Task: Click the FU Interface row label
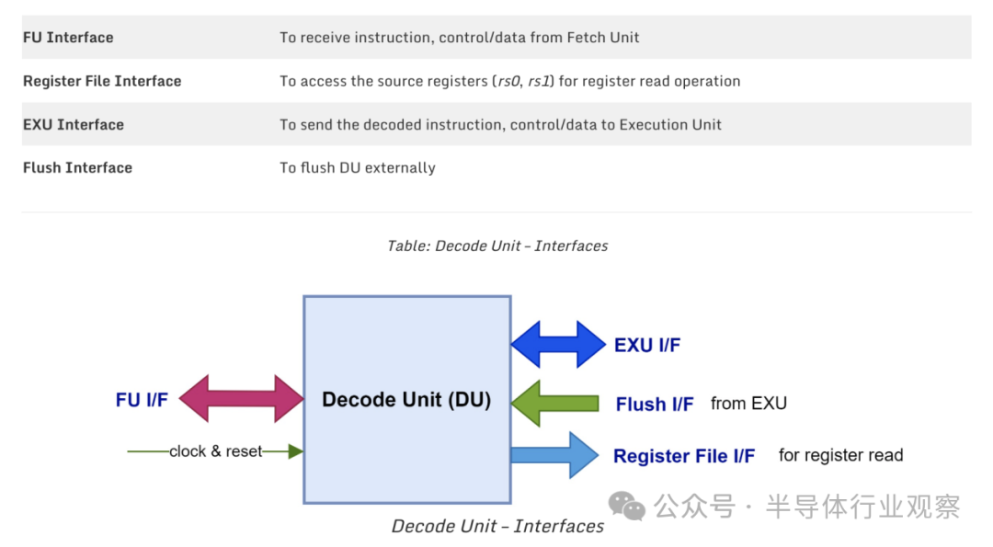coord(68,38)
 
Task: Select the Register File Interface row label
coord(102,81)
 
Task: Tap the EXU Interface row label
coord(74,124)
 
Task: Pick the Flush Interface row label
coord(77,167)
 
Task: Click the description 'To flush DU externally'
coord(358,167)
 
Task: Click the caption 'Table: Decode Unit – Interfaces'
coord(497,245)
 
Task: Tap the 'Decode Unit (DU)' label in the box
coord(406,400)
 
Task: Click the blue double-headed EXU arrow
coord(558,345)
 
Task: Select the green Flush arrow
coord(554,403)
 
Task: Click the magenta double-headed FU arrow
coord(241,399)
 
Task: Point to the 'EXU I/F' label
coord(647,346)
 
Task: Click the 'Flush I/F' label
coord(655,404)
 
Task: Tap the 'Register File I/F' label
coord(684,456)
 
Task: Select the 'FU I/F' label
coord(142,400)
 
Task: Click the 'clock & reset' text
coord(215,451)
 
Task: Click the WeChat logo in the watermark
coord(627,506)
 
